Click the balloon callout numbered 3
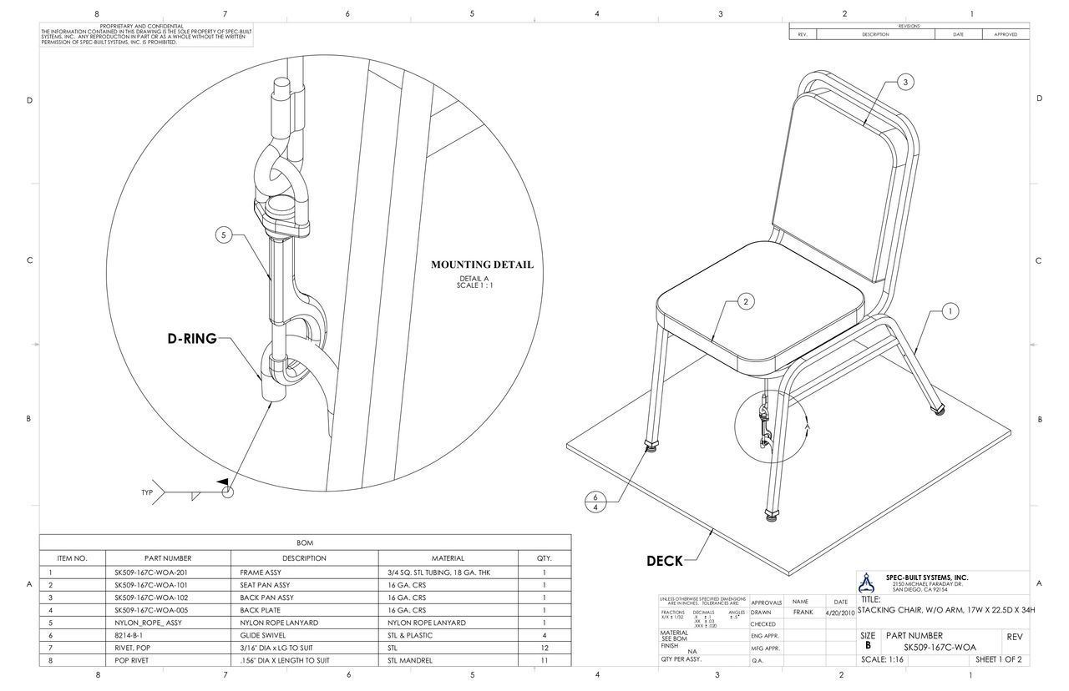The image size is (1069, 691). pyautogui.click(x=906, y=82)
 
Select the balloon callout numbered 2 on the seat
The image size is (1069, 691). pyautogui.click(x=746, y=301)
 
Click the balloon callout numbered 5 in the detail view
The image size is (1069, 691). pyautogui.click(x=224, y=235)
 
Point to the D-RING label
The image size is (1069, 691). pyautogui.click(x=191, y=339)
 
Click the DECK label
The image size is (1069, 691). pyautogui.click(x=665, y=561)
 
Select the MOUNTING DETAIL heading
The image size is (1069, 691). pyautogui.click(x=482, y=265)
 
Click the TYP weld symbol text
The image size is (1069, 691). pyautogui.click(x=147, y=492)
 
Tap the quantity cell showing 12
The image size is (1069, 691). pyautogui.click(x=544, y=647)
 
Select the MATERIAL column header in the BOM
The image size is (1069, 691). pyautogui.click(x=448, y=558)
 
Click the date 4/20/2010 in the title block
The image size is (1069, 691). pyautogui.click(x=839, y=613)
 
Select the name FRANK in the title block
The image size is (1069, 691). pyautogui.click(x=803, y=613)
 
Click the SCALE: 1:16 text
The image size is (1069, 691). pyautogui.click(x=886, y=660)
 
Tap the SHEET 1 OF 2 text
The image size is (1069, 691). pyautogui.click(x=998, y=660)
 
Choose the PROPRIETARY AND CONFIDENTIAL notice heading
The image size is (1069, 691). pyautogui.click(x=141, y=26)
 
